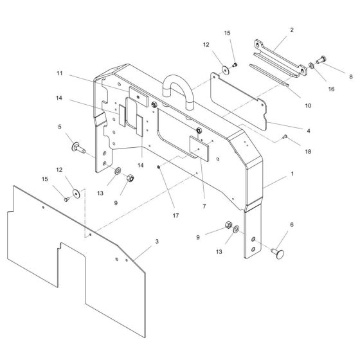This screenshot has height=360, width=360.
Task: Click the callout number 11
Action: tap(59, 73)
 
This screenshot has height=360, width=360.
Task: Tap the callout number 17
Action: tap(175, 215)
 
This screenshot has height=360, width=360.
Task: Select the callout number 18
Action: tap(308, 152)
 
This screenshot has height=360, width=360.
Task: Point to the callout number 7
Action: tap(204, 206)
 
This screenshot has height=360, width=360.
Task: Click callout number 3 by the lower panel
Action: tap(157, 241)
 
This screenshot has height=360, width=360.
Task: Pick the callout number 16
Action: tap(331, 89)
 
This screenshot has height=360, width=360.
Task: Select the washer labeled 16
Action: tap(311, 66)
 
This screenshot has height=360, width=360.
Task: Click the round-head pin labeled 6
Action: tap(278, 253)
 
